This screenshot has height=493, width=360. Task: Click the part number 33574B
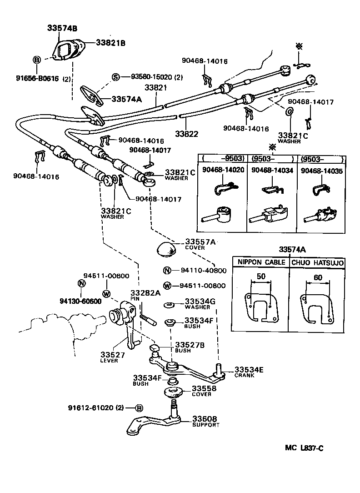[62, 28]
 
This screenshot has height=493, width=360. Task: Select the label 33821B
[110, 43]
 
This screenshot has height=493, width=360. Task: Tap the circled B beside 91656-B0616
[37, 60]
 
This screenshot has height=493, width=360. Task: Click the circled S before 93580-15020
[116, 77]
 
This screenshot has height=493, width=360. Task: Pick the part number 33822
[186, 134]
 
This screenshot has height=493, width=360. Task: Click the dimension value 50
[260, 277]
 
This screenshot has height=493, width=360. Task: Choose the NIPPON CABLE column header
[260, 262]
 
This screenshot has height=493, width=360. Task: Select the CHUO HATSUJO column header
[317, 262]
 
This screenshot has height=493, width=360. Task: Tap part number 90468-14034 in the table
[272, 171]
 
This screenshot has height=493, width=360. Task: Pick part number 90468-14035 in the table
[322, 171]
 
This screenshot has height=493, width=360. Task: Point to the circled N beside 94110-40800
[167, 271]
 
